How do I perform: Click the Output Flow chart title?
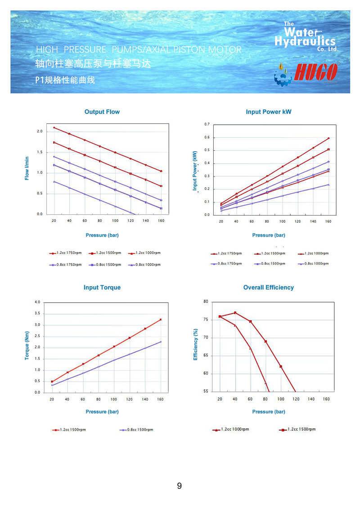click(102, 112)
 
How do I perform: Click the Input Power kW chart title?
click(268, 112)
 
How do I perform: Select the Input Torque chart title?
click(102, 287)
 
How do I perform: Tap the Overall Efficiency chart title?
click(268, 287)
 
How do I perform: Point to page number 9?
click(180, 486)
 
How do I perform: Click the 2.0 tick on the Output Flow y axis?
click(40, 131)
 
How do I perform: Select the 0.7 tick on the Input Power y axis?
click(207, 124)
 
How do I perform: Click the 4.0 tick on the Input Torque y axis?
click(37, 302)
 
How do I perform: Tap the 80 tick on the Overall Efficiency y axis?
click(206, 302)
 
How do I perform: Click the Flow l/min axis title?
click(27, 168)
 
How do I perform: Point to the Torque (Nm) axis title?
click(27, 345)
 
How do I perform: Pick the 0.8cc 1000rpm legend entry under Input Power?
click(313, 263)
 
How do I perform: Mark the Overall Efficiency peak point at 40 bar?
click(235, 313)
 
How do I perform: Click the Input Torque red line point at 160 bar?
click(161, 320)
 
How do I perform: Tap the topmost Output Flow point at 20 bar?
click(54, 127)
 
